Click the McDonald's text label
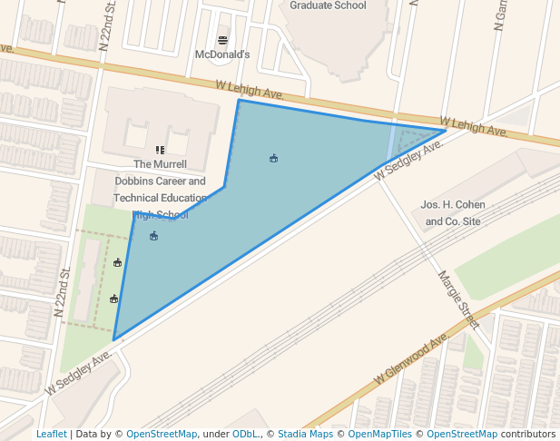[222, 54]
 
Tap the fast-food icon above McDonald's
[222, 40]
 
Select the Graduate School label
[328, 5]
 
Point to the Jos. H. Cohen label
[454, 205]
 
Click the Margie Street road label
[457, 299]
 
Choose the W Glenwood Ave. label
[411, 360]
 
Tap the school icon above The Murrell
[160, 150]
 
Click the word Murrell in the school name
[170, 164]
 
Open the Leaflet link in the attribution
[51, 434]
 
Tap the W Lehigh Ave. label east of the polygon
[474, 126]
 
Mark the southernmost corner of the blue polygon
[113, 340]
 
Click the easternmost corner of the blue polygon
[446, 130]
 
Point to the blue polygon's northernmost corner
[239, 100]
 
